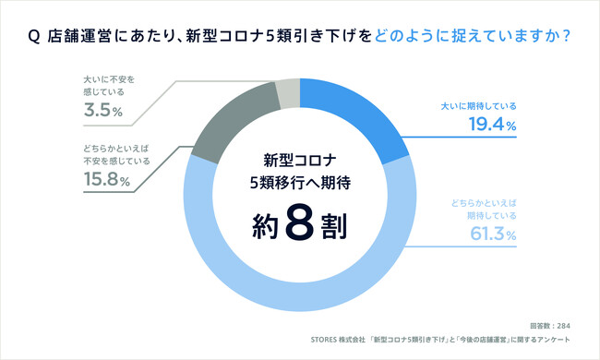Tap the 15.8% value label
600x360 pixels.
click(102, 180)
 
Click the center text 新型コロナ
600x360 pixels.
click(299, 157)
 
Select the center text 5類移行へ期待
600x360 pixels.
click(300, 183)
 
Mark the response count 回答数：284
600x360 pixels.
click(552, 326)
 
